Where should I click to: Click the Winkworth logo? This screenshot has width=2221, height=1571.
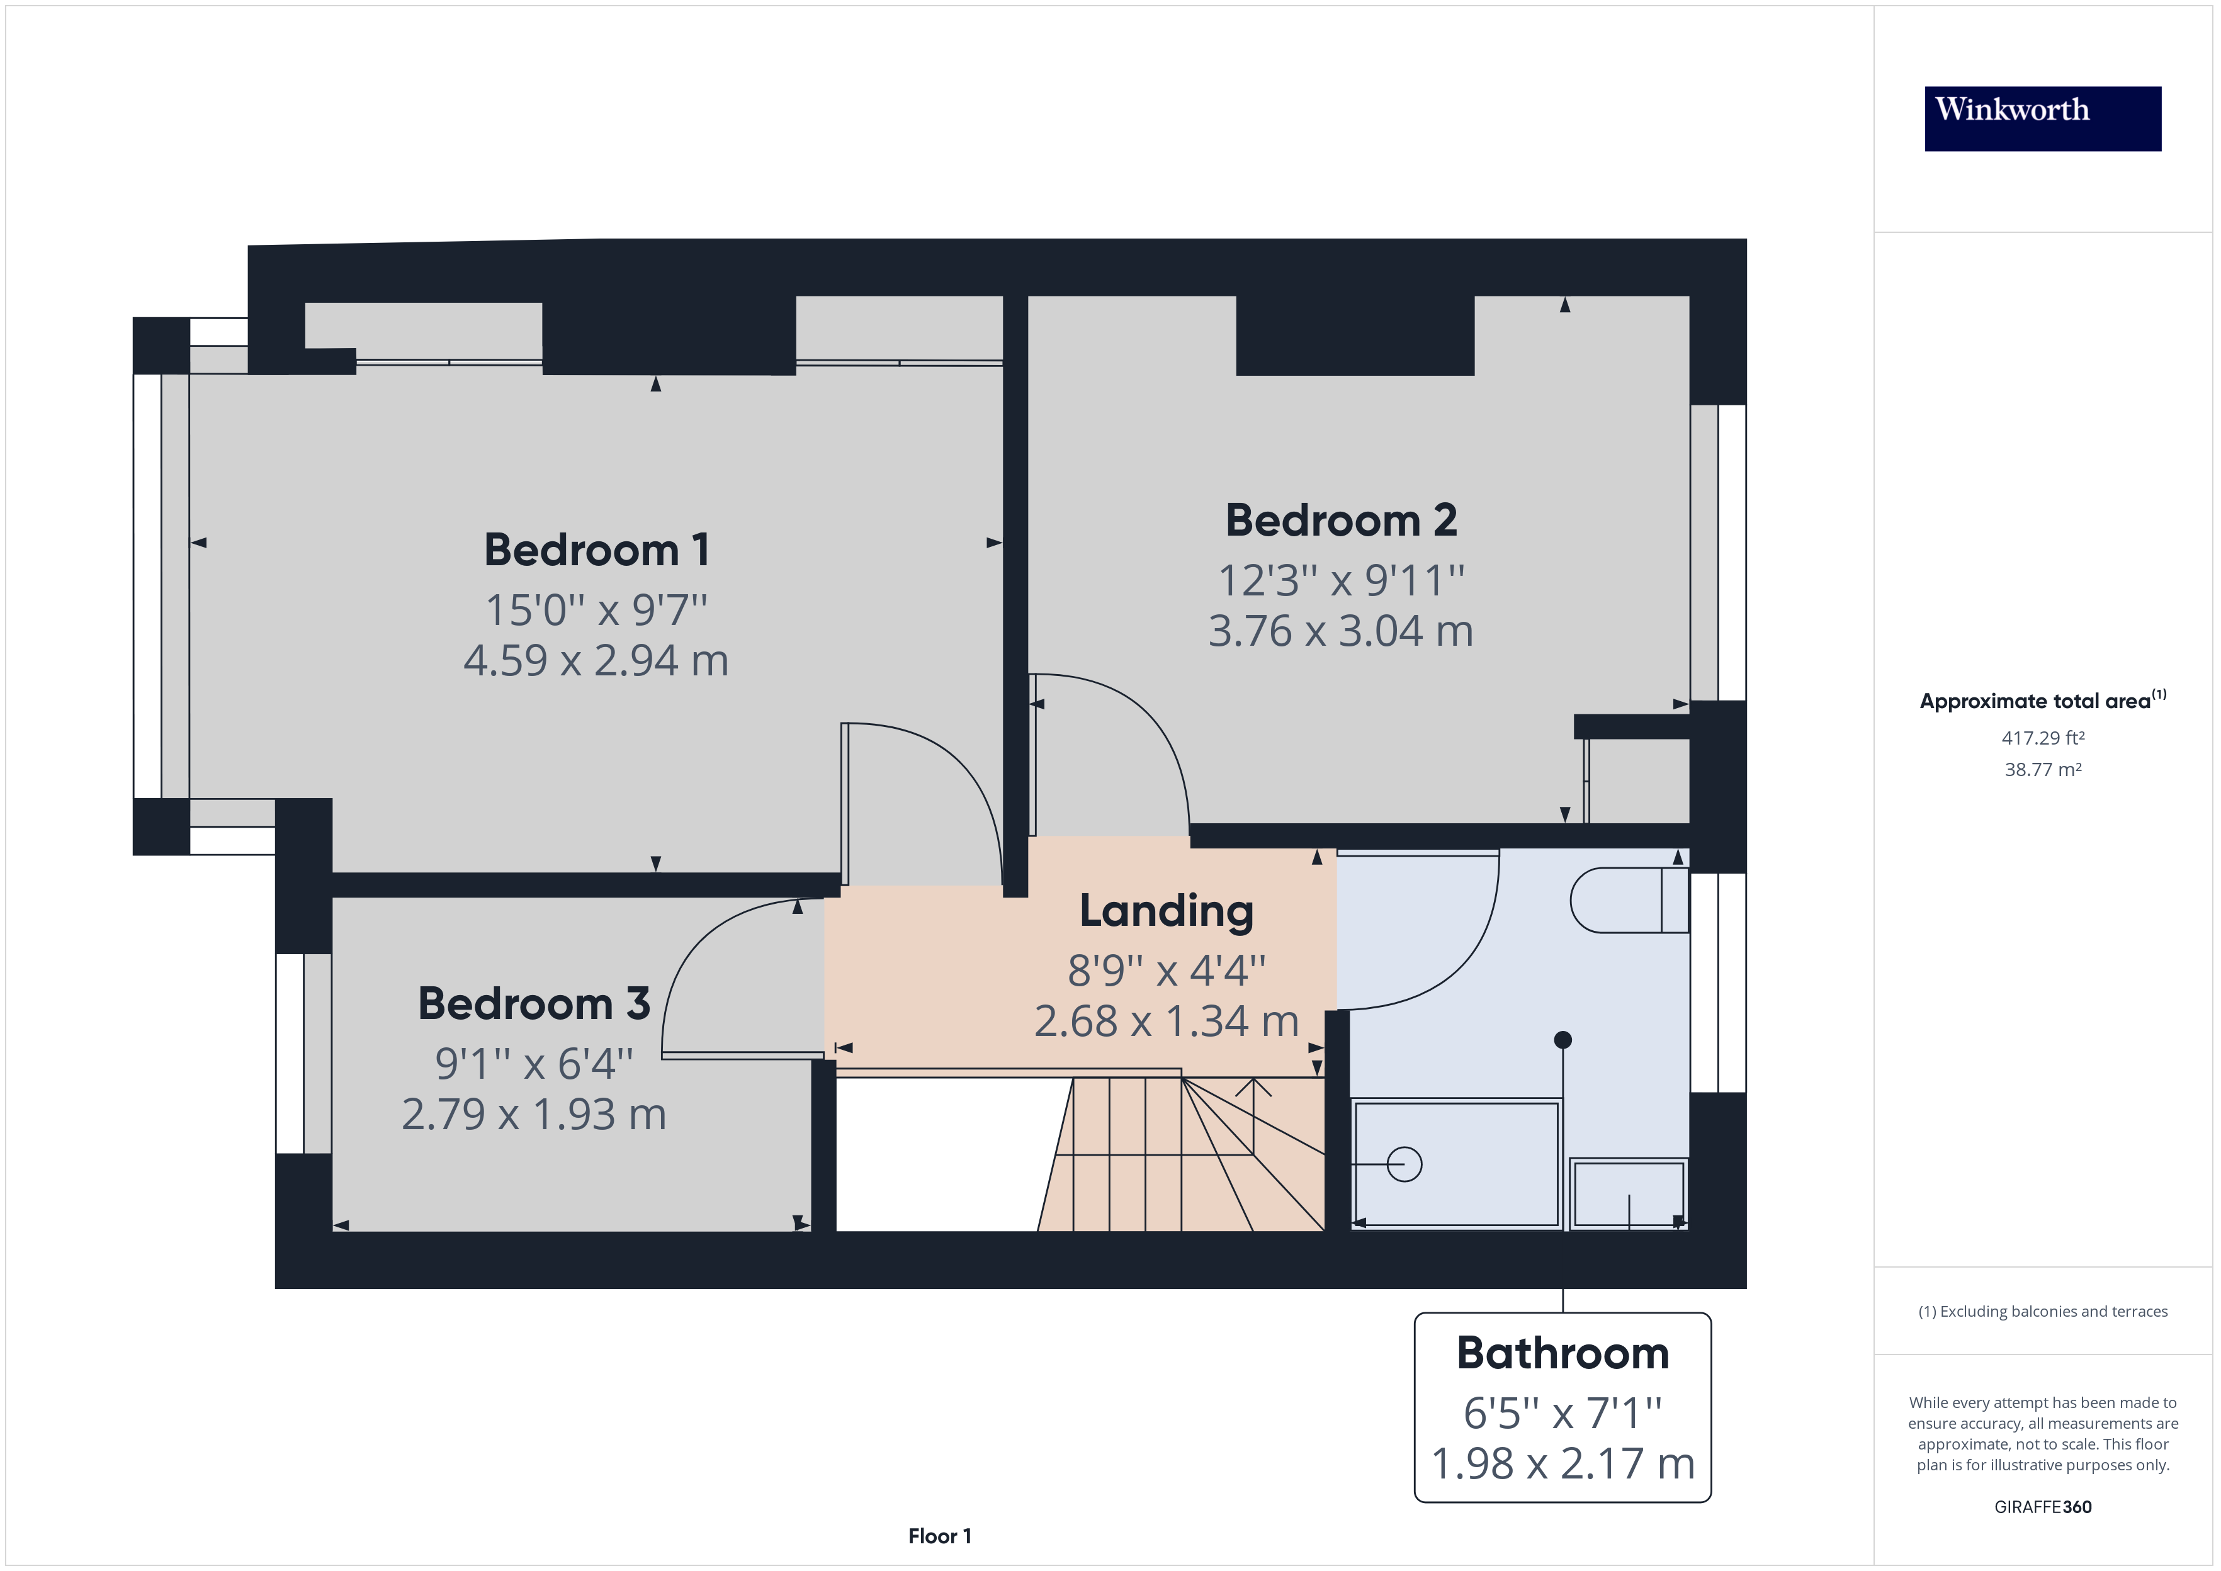pos(2042,118)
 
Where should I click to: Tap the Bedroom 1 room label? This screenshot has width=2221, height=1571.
pos(597,551)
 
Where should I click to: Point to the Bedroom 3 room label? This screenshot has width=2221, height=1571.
pos(533,1004)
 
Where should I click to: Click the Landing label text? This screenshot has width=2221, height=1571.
pos(1166,911)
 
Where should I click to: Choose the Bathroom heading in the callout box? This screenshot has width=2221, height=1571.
pos(1563,1353)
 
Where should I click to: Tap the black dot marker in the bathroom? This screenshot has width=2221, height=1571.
pos(1563,1040)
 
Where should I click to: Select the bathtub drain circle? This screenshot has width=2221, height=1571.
pos(1404,1164)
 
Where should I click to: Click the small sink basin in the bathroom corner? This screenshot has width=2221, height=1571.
pos(1628,1195)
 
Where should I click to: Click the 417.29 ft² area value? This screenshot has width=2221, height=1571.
pos(2042,738)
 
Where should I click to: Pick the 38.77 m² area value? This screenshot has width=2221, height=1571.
pos(2042,770)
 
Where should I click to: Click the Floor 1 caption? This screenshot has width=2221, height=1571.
pos(939,1536)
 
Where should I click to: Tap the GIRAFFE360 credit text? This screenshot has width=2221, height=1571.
pos(2042,1507)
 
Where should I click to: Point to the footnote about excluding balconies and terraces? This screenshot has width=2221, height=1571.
pos(2042,1312)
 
